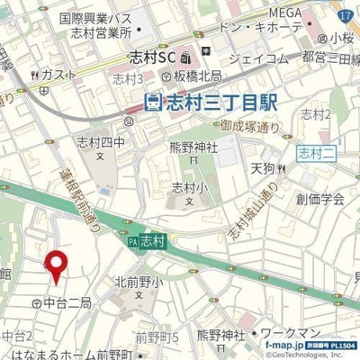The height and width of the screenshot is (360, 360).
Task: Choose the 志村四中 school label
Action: (100, 141)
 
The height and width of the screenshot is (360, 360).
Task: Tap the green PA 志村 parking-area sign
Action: (147, 240)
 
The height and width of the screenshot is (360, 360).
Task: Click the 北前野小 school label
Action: (138, 282)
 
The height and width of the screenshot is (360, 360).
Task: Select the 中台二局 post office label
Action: (63, 303)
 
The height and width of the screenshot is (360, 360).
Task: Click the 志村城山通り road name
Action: (242, 216)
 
